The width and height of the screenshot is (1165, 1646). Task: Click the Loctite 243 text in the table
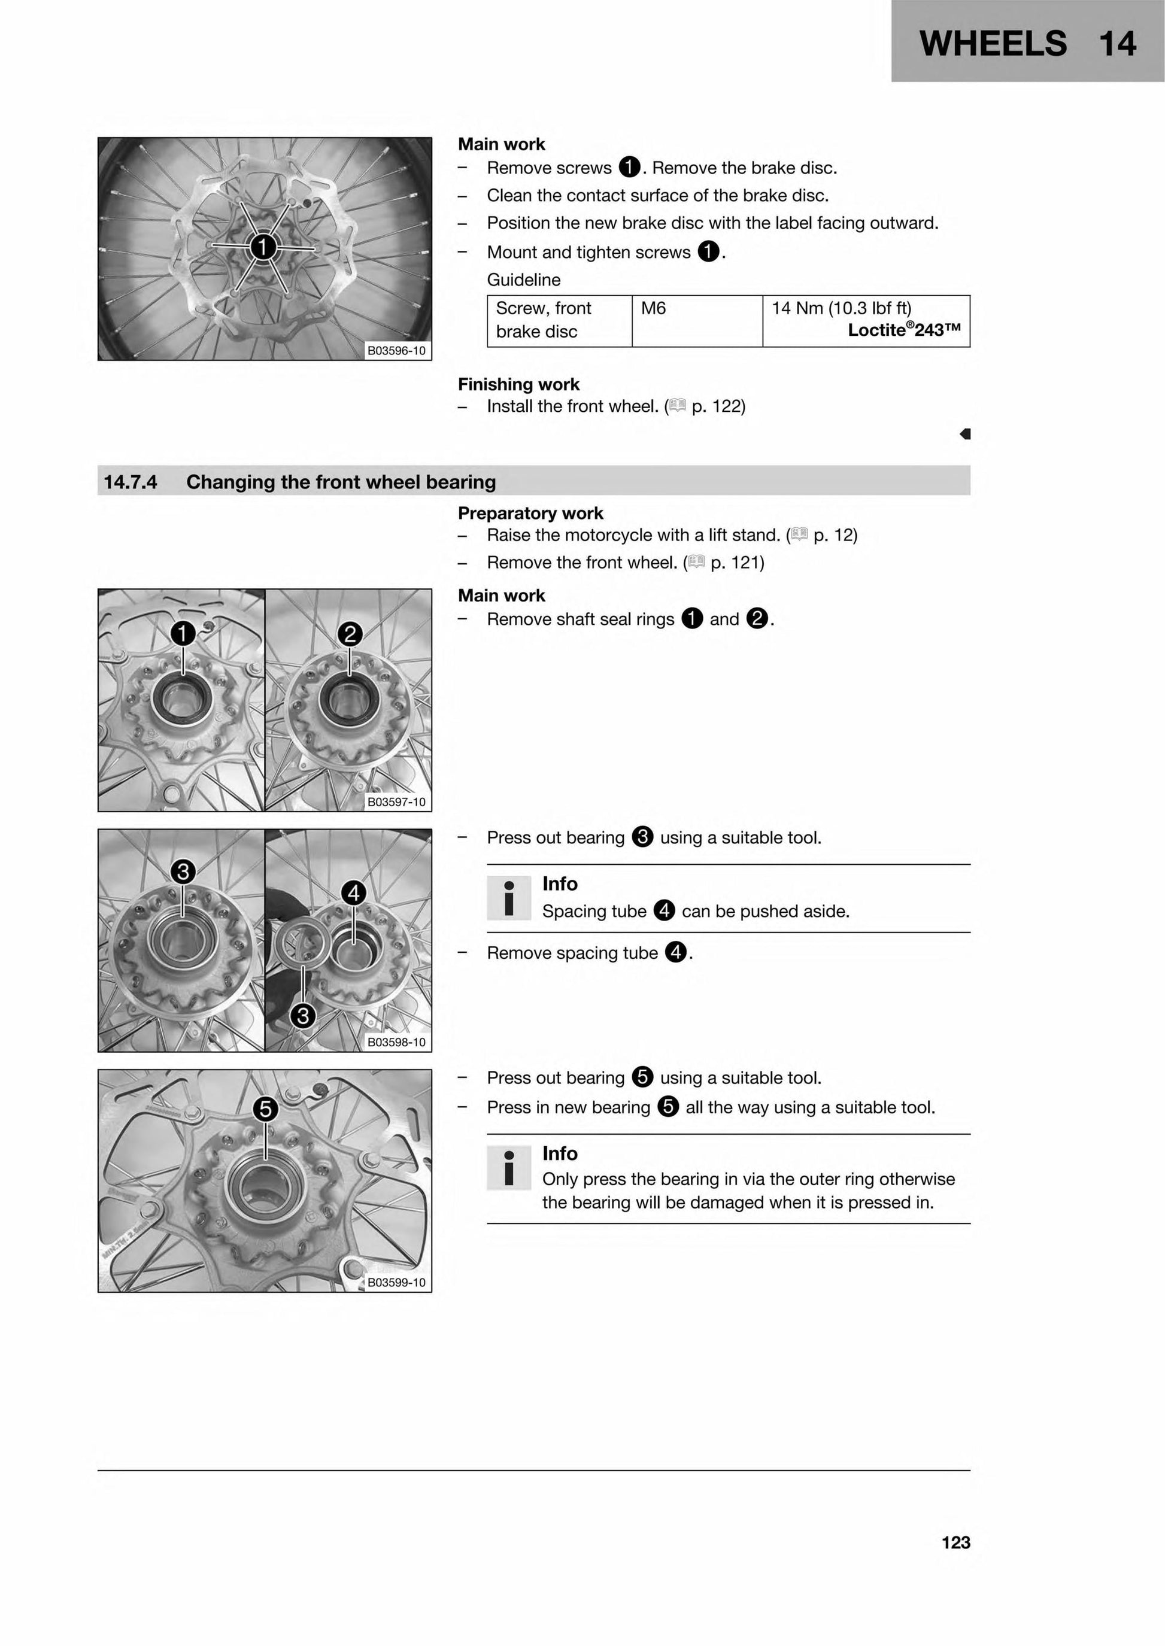(904, 330)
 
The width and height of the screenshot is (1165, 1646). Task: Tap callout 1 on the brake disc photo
(263, 247)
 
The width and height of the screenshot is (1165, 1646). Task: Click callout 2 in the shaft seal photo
(350, 634)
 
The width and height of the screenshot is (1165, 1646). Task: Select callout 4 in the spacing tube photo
(354, 893)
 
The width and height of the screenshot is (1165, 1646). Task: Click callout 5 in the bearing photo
(265, 1110)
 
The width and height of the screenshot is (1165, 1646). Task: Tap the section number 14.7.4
(131, 482)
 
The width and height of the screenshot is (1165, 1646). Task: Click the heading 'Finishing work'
(518, 384)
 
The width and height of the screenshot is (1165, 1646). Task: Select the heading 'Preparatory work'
(531, 514)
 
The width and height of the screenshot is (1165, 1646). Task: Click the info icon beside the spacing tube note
(509, 897)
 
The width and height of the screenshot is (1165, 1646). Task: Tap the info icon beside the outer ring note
(509, 1167)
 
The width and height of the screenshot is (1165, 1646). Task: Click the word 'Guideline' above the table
(524, 280)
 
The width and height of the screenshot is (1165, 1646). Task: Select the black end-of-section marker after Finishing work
(965, 434)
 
